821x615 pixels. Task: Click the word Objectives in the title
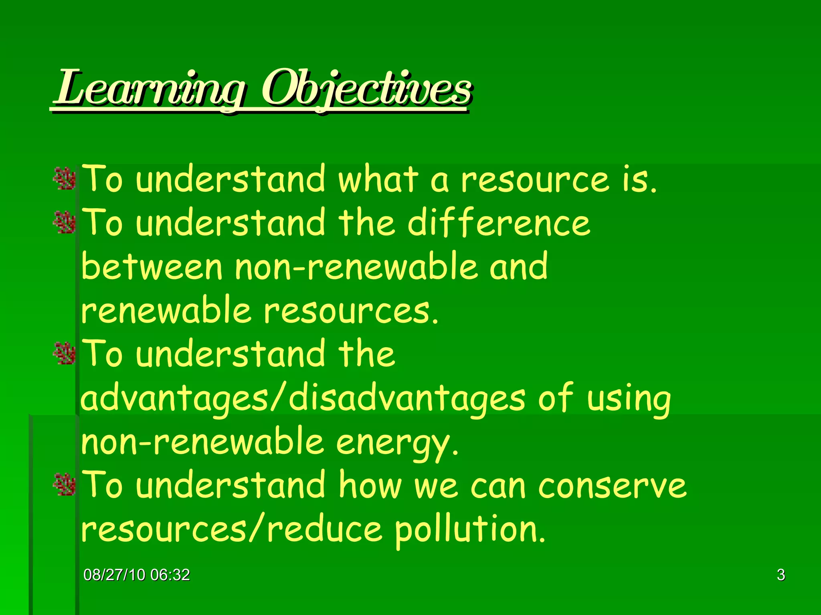coord(366,89)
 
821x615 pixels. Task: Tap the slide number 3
coord(781,575)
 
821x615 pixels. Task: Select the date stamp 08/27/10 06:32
coord(137,575)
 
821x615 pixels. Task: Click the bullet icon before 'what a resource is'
coord(65,179)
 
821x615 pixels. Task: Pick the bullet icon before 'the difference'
coord(65,223)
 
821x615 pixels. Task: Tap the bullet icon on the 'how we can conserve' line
coord(65,484)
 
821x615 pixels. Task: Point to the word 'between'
coord(152,267)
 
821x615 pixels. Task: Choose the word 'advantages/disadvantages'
coord(303,399)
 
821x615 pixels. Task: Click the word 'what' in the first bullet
coord(378,179)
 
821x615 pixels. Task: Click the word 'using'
coord(628,399)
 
